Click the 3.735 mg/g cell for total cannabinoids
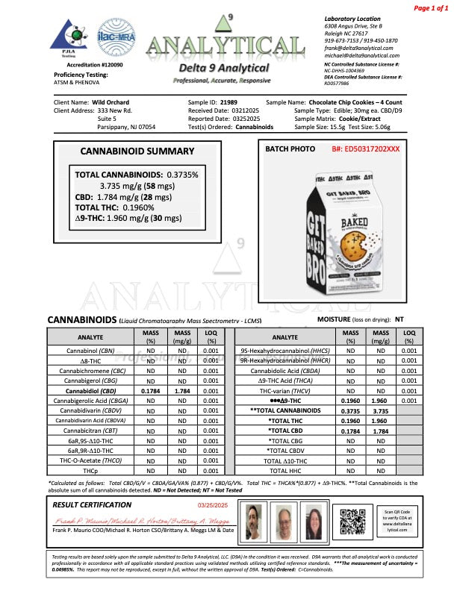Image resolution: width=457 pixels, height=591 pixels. click(381, 410)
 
